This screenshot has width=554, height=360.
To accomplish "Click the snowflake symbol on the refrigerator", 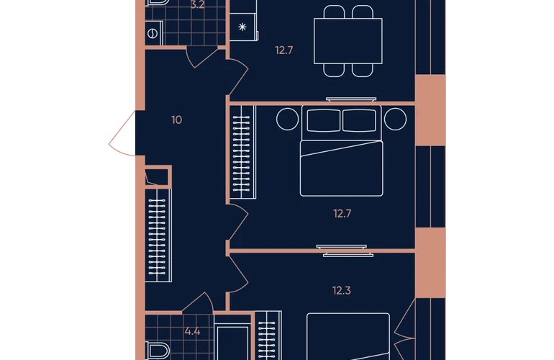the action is click(x=242, y=27).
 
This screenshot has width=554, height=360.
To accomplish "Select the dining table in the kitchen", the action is click(x=348, y=41).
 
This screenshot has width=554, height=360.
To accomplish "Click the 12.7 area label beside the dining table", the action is click(x=284, y=50).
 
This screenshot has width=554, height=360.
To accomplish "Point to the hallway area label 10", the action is click(x=177, y=120).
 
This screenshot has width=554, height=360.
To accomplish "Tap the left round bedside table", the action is click(x=288, y=120).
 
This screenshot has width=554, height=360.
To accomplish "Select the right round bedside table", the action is click(x=396, y=120).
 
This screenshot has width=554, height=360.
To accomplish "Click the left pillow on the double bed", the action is click(x=324, y=120).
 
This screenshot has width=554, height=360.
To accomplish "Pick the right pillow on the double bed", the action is click(x=359, y=120).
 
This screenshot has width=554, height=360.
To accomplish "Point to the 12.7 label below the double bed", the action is click(x=342, y=214).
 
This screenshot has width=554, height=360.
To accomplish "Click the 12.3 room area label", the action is click(x=342, y=291).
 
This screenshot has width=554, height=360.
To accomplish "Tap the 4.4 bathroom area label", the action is click(x=193, y=331).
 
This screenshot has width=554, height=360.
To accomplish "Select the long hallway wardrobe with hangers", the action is click(x=158, y=235).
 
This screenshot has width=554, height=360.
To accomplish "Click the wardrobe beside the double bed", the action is click(x=242, y=152).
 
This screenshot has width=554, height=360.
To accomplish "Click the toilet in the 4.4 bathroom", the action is click(x=158, y=351).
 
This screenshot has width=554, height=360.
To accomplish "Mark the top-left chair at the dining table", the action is click(x=334, y=12).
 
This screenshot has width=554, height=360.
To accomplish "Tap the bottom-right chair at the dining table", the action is click(x=362, y=70).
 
